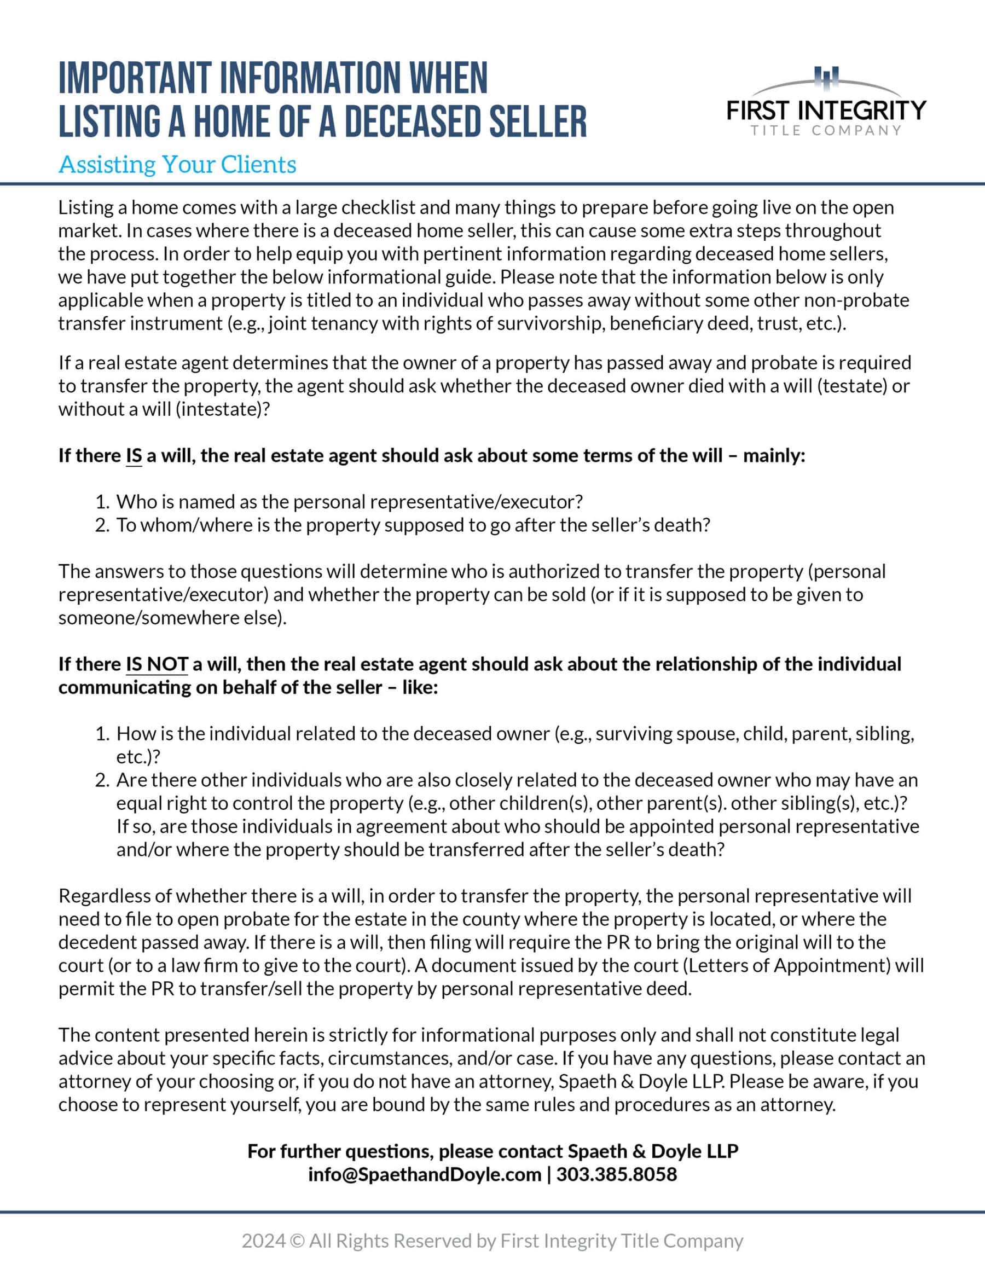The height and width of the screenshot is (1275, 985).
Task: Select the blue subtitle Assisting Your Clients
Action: pos(177,164)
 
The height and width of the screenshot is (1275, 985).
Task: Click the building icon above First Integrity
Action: pos(827,78)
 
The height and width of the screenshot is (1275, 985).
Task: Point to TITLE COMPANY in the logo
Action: pos(826,130)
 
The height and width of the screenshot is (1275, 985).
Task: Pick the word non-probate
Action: pos(856,300)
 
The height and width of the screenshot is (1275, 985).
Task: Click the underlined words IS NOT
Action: pos(157,664)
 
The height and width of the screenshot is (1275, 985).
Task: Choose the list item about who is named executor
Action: pos(349,502)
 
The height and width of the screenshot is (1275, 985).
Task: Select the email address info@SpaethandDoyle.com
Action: pos(425,1175)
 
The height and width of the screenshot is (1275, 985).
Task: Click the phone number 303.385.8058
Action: pos(616,1175)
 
